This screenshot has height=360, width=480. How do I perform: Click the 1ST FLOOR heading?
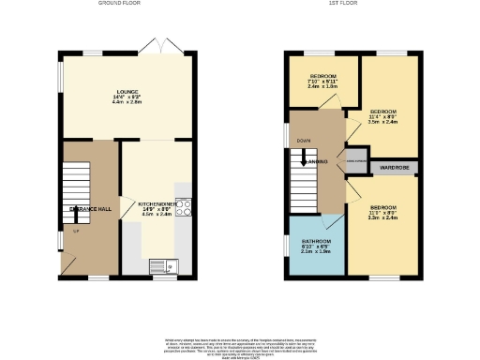340,4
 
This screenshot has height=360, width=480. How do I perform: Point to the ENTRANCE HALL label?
91,209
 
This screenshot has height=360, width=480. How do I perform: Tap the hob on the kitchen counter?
183,206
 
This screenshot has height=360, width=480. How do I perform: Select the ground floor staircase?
75,187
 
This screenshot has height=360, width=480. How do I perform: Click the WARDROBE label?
395,168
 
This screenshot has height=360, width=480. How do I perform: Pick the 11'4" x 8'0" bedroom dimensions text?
384,116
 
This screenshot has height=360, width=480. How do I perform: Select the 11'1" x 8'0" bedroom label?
383,212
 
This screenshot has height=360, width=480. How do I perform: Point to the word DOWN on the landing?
303,142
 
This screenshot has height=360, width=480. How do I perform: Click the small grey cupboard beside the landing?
355,161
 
